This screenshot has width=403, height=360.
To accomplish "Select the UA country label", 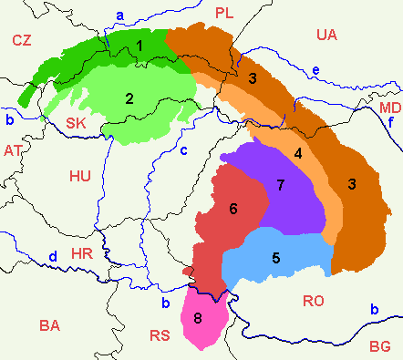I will pyautogui.click(x=327, y=35).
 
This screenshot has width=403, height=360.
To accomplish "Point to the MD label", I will pyautogui.click(x=388, y=108).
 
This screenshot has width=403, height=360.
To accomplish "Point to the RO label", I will pyautogui.click(x=313, y=301).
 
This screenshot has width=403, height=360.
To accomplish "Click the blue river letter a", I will pyautogui.click(x=120, y=15).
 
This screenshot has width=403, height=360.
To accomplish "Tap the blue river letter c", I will pyautogui.click(x=182, y=150).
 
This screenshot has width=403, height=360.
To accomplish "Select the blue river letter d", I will pyautogui.click(x=53, y=256).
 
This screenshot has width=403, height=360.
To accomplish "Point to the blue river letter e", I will pyautogui.click(x=315, y=71).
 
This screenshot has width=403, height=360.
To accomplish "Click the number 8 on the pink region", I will pyautogui.click(x=198, y=318).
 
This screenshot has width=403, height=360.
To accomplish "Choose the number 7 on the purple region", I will pyautogui.click(x=281, y=186).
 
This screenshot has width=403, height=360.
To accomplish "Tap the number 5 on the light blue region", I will pyautogui.click(x=275, y=257).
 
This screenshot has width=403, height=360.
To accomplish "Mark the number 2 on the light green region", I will pyautogui.click(x=129, y=98).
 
